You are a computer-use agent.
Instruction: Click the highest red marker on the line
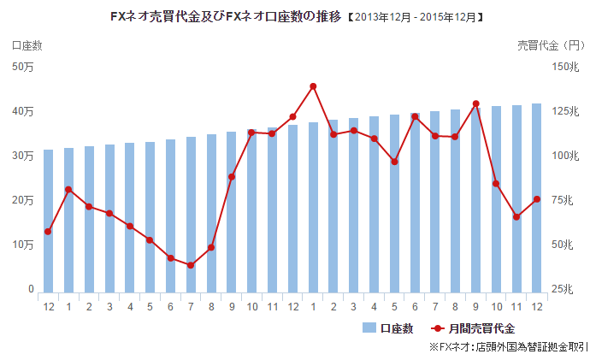tap(313, 86)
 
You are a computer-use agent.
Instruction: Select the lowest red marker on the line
tap(191, 265)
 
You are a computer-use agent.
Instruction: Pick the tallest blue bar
tap(536, 198)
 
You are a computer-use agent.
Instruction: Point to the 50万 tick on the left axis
tap(23, 68)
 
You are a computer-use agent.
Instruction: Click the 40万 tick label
tap(23, 112)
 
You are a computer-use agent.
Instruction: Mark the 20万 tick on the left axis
tap(23, 201)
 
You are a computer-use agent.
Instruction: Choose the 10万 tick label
tap(23, 245)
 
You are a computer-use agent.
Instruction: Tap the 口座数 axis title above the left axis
tap(27, 44)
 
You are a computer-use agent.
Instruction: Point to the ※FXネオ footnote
tap(508, 348)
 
